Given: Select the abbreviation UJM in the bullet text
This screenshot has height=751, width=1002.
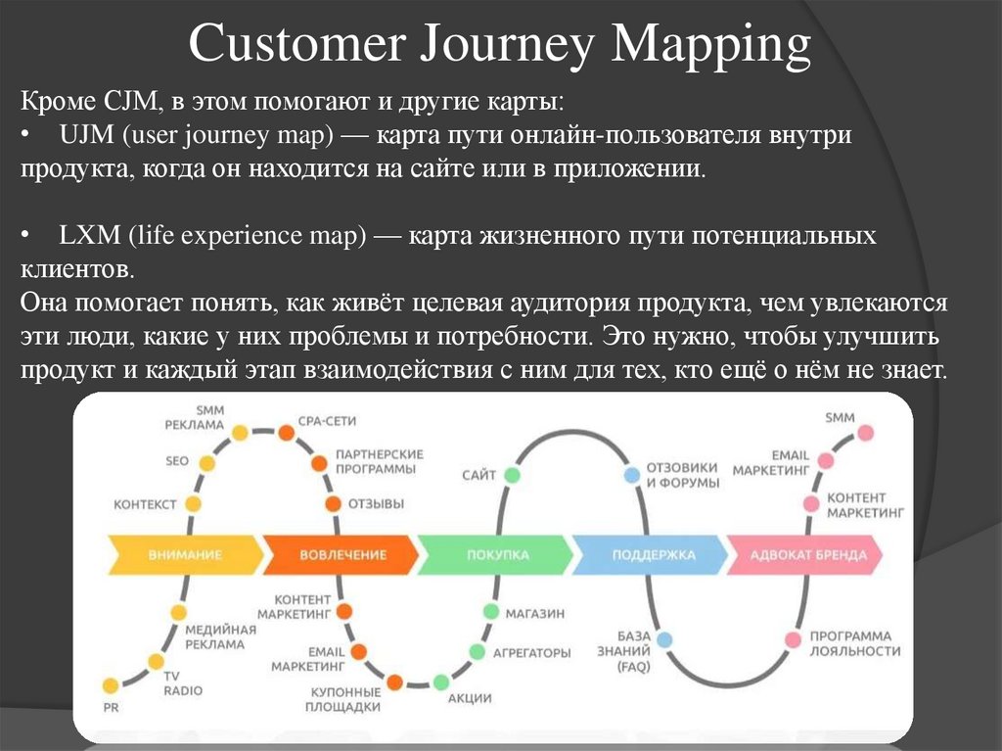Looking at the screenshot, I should point(84,134).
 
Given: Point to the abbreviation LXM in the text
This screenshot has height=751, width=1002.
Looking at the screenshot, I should point(85,236).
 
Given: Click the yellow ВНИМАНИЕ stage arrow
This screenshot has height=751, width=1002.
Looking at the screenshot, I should point(184,554).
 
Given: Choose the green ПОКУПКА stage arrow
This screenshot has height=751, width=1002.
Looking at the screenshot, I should point(496,554).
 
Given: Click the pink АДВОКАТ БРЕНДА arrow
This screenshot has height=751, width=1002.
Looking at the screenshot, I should point(806,554).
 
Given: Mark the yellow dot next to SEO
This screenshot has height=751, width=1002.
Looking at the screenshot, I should point(205,463).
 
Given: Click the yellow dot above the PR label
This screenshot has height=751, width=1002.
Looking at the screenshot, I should point(111,684).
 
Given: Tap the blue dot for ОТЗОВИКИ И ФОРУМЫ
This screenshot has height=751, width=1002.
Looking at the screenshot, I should point(631,476).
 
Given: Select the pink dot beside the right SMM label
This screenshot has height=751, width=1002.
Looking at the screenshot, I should point(865,431).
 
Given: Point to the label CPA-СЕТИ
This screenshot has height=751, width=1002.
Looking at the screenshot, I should point(329,421).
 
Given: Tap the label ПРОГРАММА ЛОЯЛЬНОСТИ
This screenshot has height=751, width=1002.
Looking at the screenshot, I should point(854,643).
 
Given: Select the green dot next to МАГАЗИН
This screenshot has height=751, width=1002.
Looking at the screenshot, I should point(489,611).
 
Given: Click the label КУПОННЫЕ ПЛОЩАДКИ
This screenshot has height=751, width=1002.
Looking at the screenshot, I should point(342,699).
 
